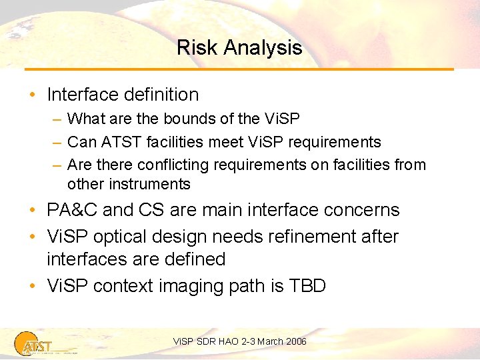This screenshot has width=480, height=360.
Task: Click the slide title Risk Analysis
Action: click(239, 48)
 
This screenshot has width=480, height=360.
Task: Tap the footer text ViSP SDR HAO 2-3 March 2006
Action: click(239, 341)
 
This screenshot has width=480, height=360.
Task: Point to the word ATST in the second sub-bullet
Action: click(116, 142)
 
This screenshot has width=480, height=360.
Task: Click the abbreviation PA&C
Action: click(72, 210)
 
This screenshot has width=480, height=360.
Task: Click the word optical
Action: click(125, 237)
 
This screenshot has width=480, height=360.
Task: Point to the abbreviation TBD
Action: click(307, 286)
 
